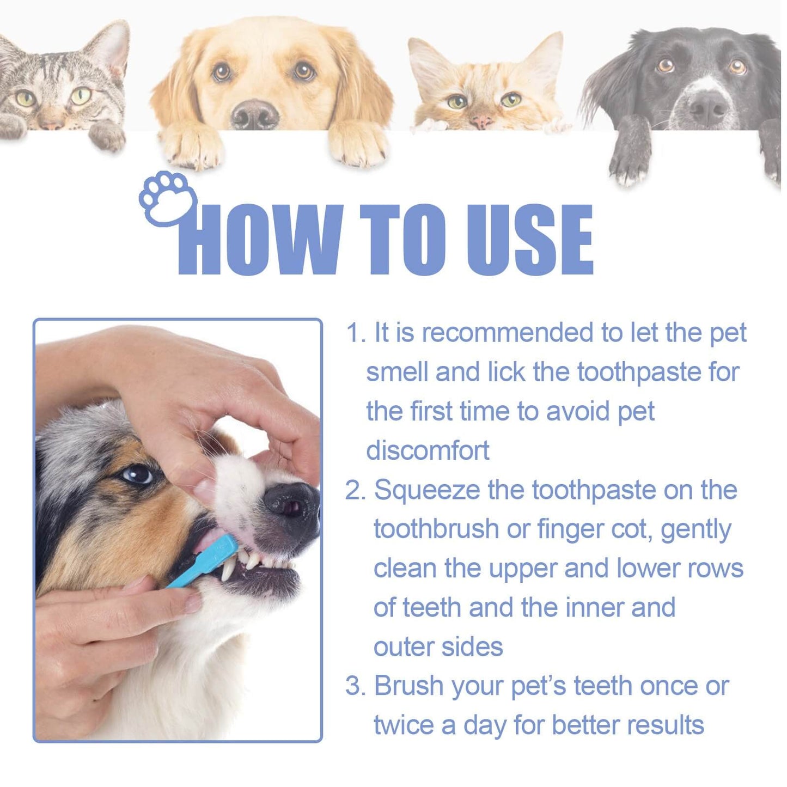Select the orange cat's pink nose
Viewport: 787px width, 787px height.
point(481,120)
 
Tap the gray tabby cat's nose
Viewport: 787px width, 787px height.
point(52,124)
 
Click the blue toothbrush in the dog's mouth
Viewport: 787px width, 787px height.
point(204,561)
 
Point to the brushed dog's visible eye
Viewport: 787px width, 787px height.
point(137,474)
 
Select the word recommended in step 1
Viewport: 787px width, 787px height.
point(508,333)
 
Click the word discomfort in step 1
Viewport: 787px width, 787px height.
point(428,451)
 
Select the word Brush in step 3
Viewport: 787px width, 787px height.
point(408,686)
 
